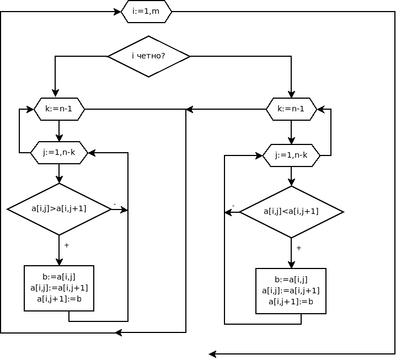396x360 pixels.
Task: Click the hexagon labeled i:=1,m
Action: point(146,12)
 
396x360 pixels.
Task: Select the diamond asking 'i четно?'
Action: point(148,56)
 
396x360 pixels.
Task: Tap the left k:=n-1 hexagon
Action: point(59,109)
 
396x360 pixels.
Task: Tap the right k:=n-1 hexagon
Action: point(291,109)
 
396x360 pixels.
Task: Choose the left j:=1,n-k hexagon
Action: point(59,153)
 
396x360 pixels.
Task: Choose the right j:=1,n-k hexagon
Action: point(291,155)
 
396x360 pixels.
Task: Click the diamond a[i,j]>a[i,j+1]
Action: point(59,209)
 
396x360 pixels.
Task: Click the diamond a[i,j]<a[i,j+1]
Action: point(291,212)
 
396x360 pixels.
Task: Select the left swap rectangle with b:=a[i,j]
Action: point(59,288)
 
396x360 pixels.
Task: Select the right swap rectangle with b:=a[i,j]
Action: point(291,291)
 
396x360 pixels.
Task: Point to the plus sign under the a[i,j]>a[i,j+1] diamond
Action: point(67,245)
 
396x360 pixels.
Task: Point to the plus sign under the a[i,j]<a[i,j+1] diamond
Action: point(299,248)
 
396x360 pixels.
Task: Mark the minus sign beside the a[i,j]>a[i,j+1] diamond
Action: point(115,204)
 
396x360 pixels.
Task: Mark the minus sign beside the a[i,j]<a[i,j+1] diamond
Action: point(233,206)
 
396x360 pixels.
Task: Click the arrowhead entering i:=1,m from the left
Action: point(117,12)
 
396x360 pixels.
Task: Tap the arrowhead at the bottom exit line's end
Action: point(213,354)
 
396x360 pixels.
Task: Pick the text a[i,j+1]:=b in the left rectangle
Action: point(60,299)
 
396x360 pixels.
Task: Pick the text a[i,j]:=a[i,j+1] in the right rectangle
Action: point(291,291)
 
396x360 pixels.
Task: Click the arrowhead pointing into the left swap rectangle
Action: point(59,262)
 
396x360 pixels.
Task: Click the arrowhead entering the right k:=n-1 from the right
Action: point(321,109)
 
